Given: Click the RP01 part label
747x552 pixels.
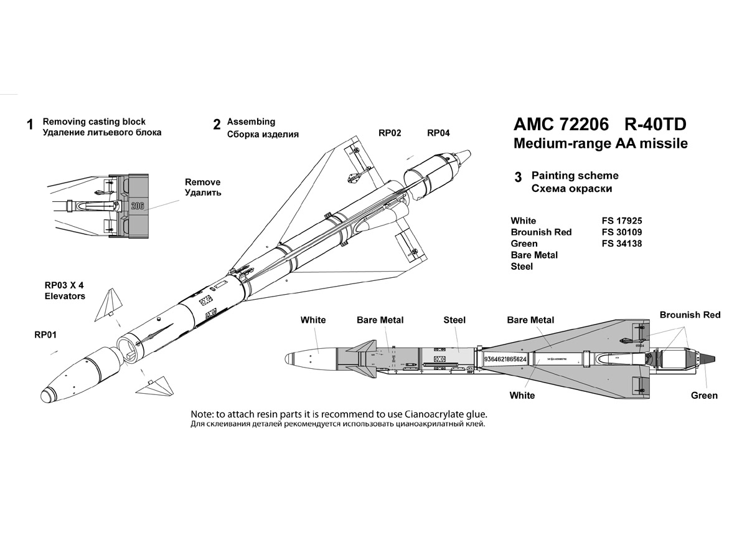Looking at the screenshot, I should [x=45, y=335].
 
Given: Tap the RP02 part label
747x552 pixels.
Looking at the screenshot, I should [x=390, y=133].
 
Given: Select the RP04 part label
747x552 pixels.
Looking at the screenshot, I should [x=438, y=133].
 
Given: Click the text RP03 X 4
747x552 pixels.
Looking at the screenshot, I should [x=64, y=285].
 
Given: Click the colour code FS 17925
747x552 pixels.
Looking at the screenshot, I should [x=619, y=221].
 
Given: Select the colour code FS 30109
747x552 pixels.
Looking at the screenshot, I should [x=619, y=232].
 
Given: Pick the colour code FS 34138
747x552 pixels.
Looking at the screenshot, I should [x=619, y=244].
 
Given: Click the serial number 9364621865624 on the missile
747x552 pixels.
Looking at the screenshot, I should [x=505, y=359].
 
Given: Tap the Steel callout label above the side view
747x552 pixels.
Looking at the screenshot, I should [x=454, y=320].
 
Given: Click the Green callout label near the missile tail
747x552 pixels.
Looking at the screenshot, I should [x=704, y=396].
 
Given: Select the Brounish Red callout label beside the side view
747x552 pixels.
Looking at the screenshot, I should [x=690, y=315].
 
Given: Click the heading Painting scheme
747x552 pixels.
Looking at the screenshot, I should [x=575, y=176].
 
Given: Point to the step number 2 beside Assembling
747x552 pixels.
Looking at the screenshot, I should [x=217, y=125].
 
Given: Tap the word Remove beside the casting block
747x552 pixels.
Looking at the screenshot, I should [x=202, y=182].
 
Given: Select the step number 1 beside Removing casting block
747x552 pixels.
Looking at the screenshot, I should [x=29, y=125].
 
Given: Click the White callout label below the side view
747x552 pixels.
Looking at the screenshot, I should [x=522, y=396].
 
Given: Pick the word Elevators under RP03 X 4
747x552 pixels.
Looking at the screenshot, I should [x=65, y=296].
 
